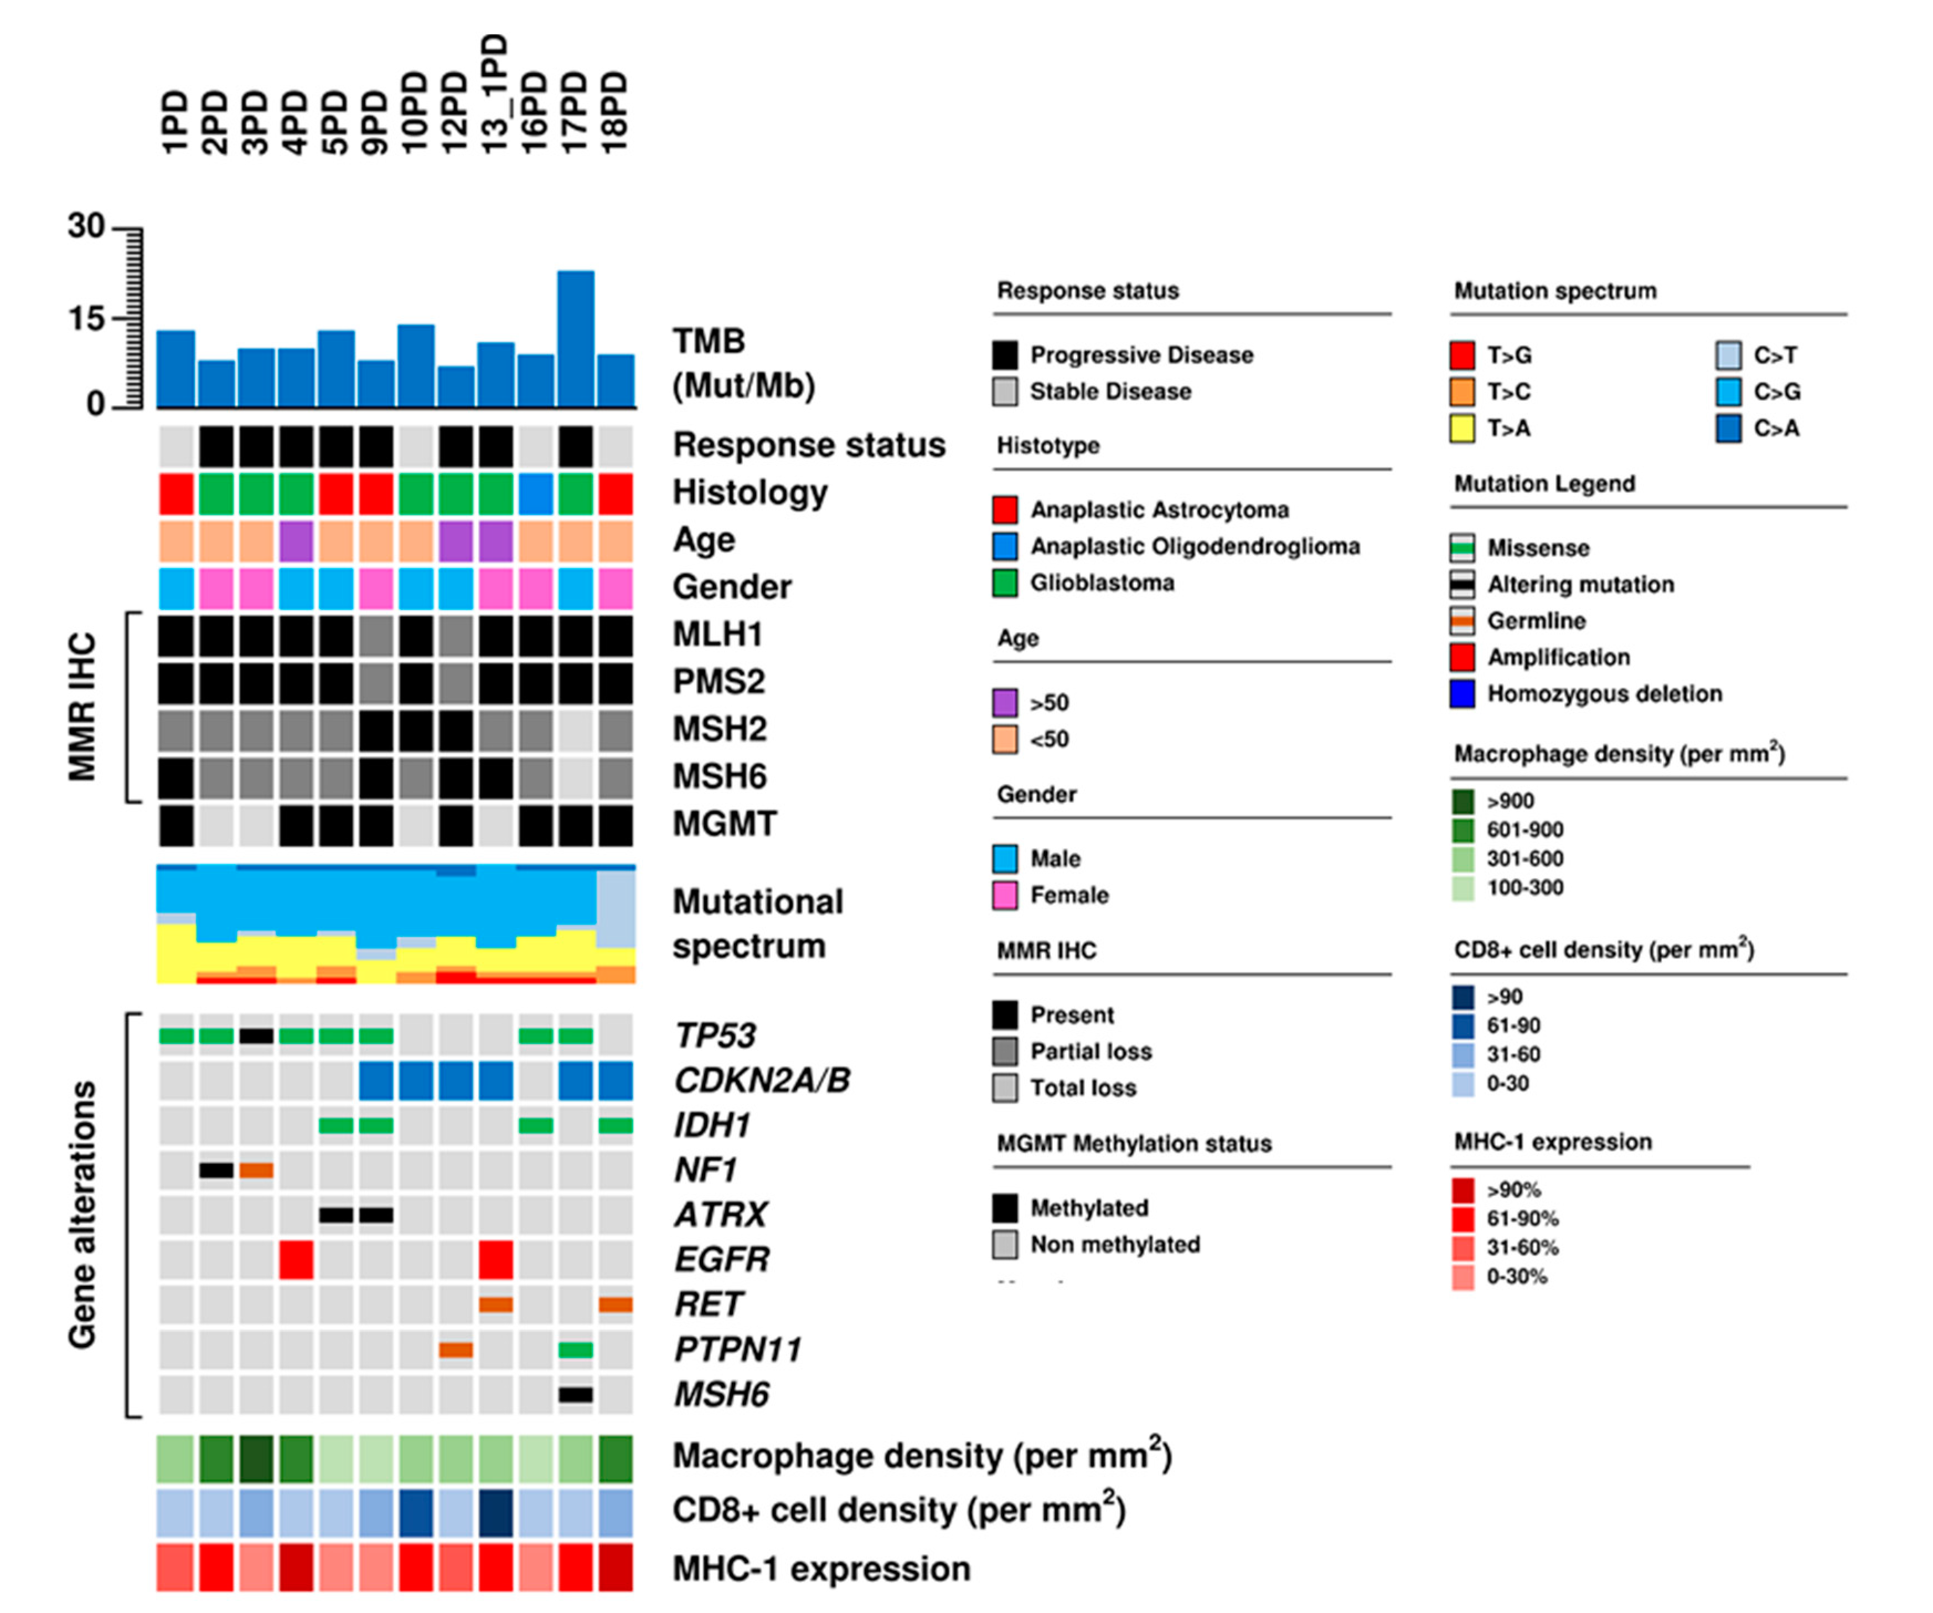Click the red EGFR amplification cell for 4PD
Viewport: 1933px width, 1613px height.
click(x=296, y=1259)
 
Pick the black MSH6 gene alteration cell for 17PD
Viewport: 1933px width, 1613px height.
click(x=575, y=1394)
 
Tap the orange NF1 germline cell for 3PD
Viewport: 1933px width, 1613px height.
click(x=256, y=1170)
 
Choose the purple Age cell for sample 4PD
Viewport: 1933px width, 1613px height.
click(x=296, y=540)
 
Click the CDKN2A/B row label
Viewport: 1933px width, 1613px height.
click(x=761, y=1080)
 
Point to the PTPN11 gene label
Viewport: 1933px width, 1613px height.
click(x=737, y=1349)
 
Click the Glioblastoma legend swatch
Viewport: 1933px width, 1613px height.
click(x=1004, y=583)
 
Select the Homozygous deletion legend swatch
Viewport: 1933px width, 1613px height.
click(x=1462, y=693)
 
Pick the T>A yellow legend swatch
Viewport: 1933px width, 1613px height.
click(x=1462, y=428)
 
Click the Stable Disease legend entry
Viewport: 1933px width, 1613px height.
click(x=1109, y=391)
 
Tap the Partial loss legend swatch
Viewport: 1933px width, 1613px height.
click(x=1004, y=1052)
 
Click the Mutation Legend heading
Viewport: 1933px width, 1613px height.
click(x=1544, y=483)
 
